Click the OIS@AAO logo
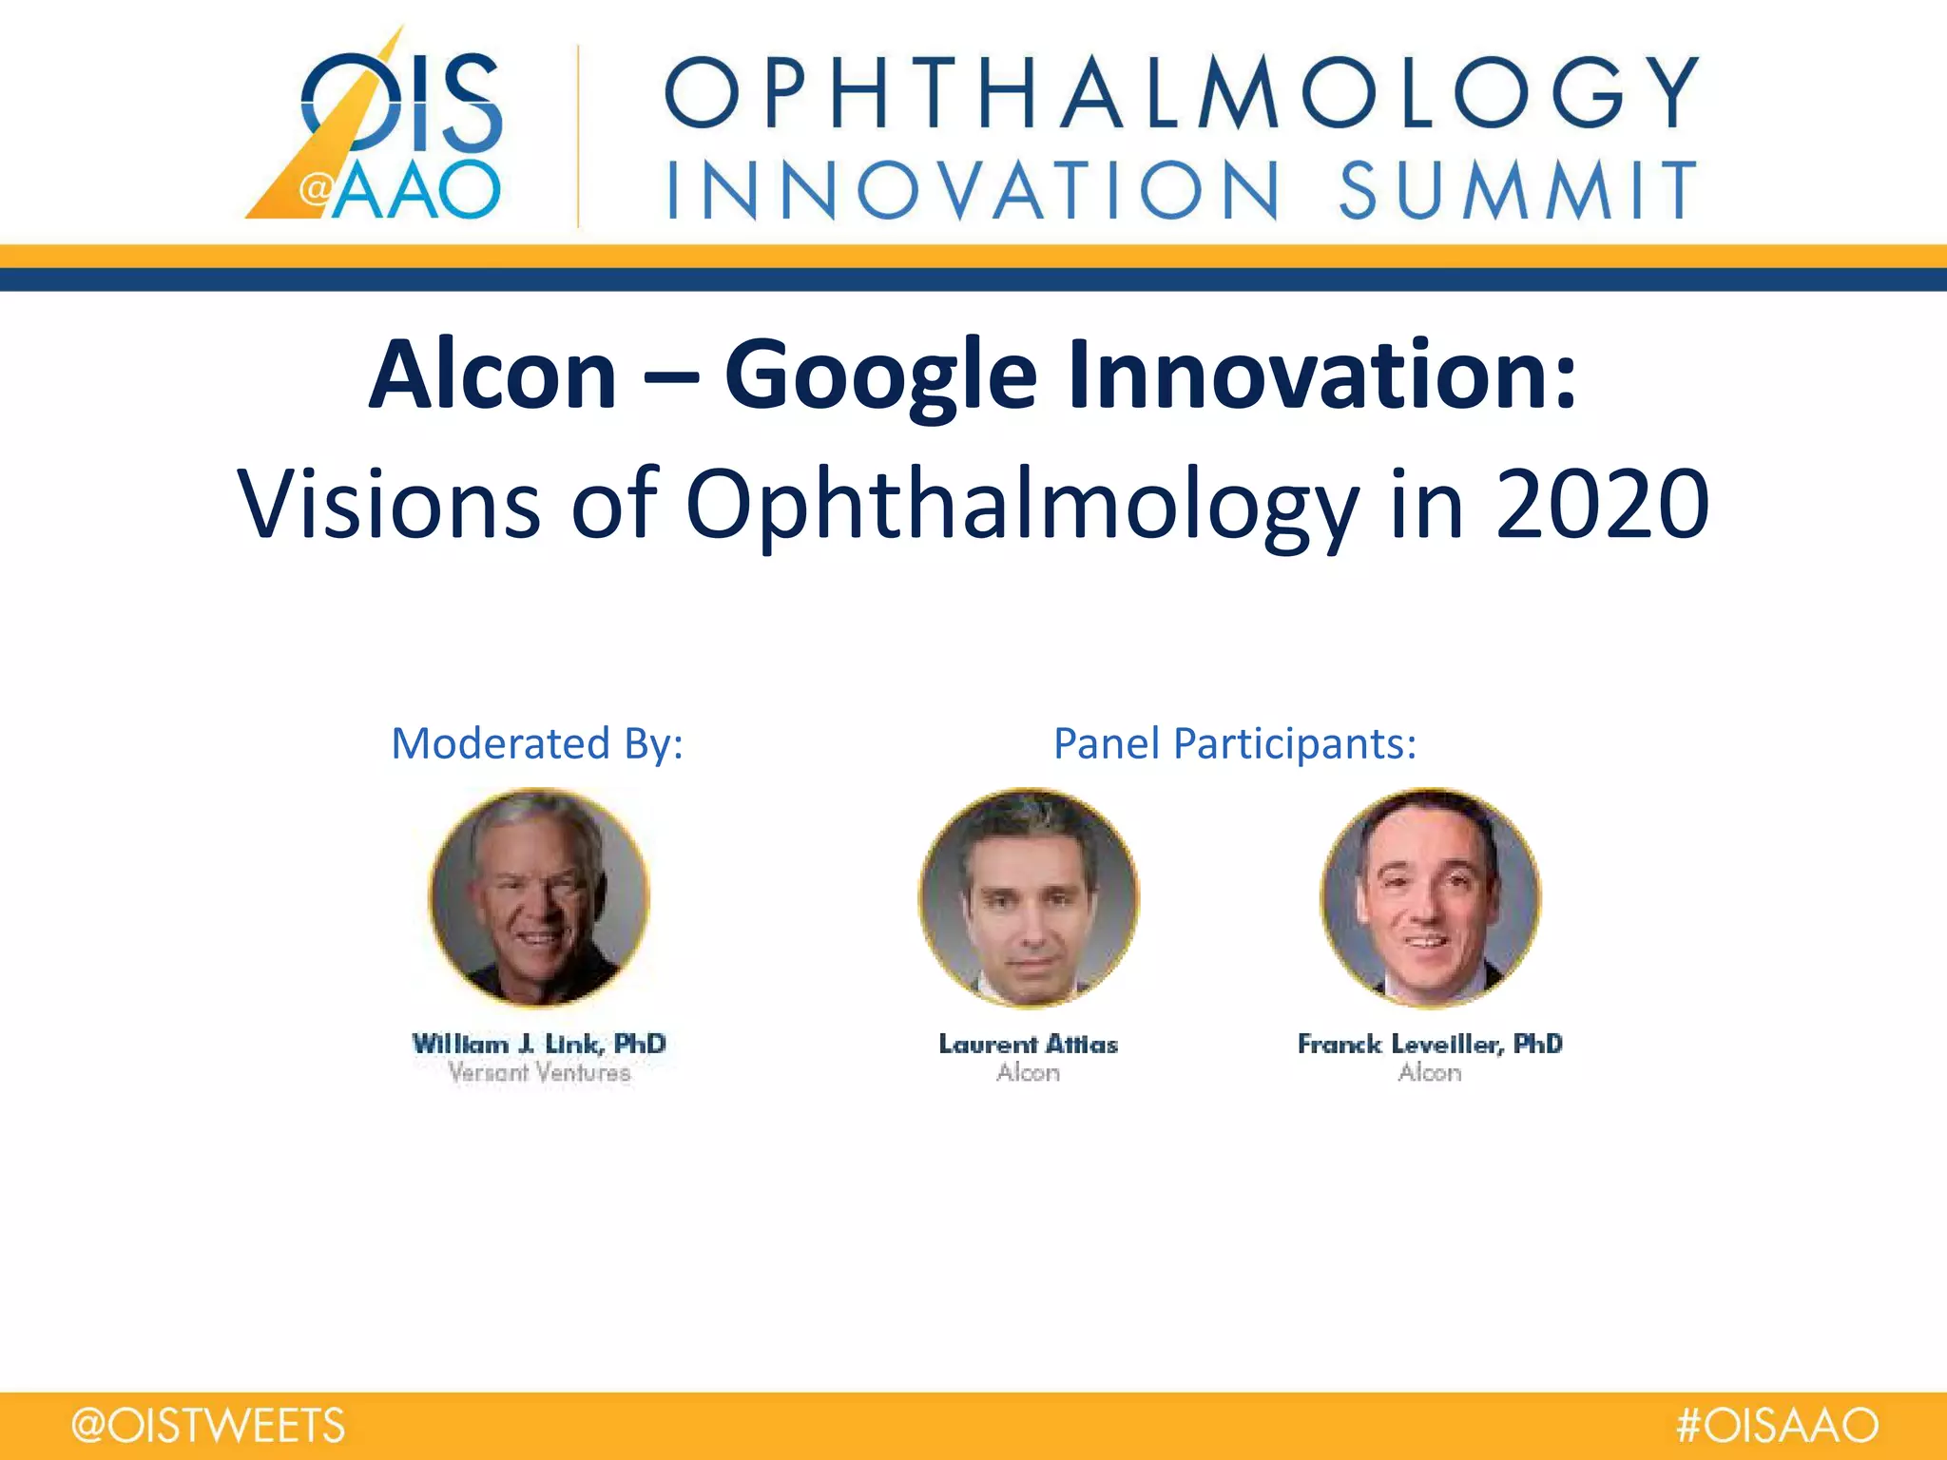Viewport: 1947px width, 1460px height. (380, 128)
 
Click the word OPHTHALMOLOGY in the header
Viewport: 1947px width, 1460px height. (1181, 92)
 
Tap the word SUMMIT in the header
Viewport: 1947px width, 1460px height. (1517, 190)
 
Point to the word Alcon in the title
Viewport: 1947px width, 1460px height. (492, 375)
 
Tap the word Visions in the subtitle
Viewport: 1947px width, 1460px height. (388, 504)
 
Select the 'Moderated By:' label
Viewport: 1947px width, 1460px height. (537, 743)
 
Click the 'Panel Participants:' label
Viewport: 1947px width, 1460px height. (1234, 743)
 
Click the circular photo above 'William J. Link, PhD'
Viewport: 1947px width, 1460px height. (539, 896)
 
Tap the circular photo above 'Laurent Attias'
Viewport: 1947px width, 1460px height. (1028, 896)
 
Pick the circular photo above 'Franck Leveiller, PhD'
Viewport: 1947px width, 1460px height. (1430, 896)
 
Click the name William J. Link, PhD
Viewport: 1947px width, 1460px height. (539, 1044)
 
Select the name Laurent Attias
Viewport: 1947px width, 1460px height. (1028, 1044)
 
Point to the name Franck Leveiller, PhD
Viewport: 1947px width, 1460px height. (1430, 1044)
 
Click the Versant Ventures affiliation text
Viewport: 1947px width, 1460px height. (539, 1073)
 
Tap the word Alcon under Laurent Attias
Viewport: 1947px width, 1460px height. (1028, 1073)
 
